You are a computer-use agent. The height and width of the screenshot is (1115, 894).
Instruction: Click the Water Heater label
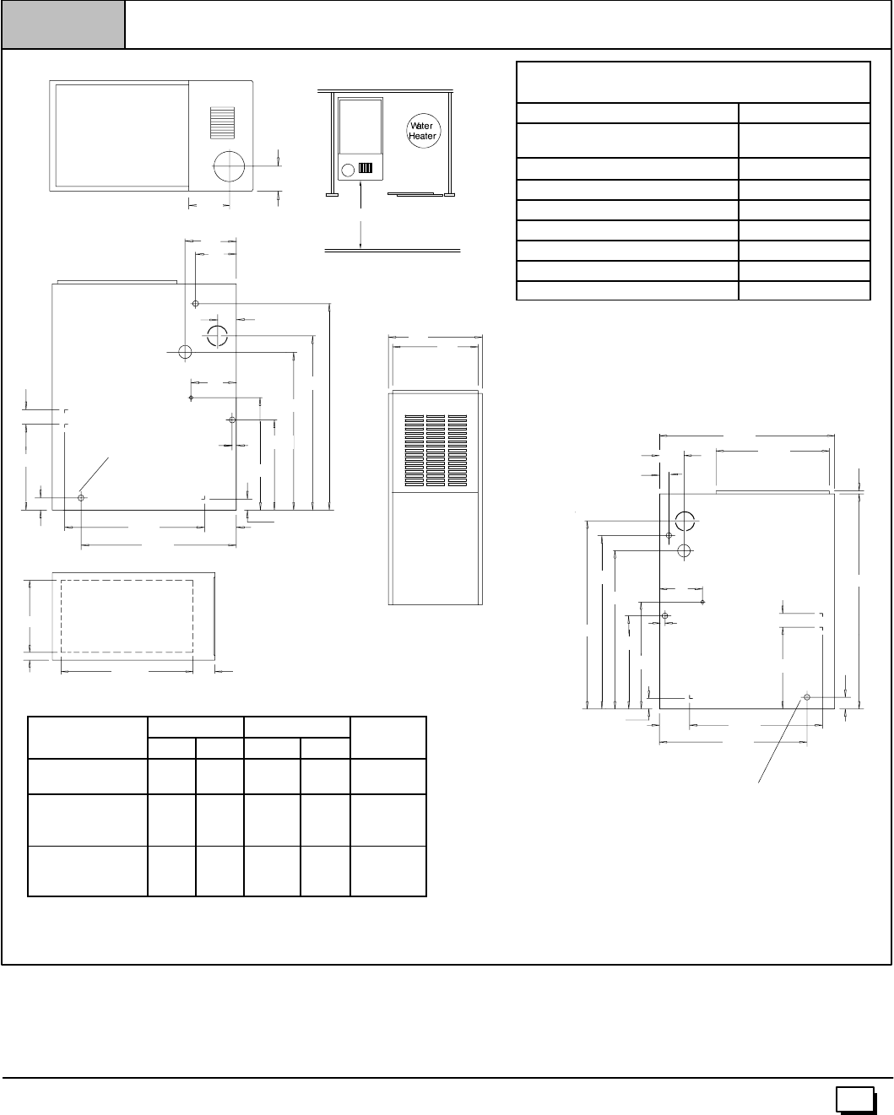[x=422, y=131]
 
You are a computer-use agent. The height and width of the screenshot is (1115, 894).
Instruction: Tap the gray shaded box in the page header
[x=63, y=24]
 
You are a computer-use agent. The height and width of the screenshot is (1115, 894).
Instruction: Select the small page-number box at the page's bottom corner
[x=854, y=1099]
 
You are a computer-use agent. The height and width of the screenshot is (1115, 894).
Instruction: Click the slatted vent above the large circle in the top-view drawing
[x=222, y=122]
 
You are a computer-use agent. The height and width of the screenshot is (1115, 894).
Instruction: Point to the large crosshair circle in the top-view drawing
[x=229, y=166]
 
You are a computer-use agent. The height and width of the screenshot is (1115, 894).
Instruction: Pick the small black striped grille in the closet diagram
[x=366, y=168]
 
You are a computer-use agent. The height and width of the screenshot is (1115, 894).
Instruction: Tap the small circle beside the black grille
[x=349, y=170]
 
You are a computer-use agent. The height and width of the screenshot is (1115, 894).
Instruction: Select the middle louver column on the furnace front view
[x=436, y=450]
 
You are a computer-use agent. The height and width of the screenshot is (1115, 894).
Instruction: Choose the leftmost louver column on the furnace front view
[x=414, y=450]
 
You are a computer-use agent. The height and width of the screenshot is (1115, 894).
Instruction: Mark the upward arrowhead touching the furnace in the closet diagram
[x=360, y=184]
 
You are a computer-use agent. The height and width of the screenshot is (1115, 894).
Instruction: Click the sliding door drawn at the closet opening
[x=415, y=194]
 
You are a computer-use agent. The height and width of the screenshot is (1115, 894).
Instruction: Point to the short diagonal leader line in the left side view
[x=94, y=474]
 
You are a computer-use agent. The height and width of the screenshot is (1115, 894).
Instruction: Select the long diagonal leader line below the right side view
[x=779, y=741]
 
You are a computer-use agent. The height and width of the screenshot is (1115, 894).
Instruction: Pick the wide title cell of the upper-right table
[x=693, y=83]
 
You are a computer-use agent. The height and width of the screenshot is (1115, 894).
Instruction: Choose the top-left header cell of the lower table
[x=88, y=738]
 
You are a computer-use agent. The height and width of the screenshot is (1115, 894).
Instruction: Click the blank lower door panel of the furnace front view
[x=436, y=548]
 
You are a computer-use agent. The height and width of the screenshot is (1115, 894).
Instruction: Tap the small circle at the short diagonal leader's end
[x=81, y=498]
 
